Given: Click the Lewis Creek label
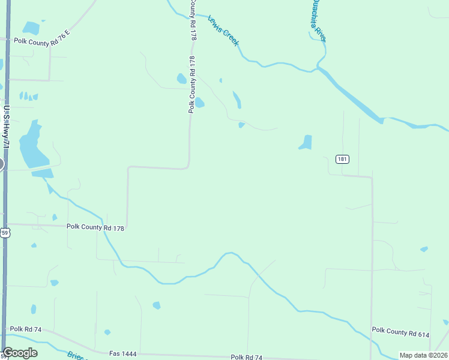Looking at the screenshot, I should (223, 31).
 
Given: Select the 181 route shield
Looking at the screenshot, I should (342, 159).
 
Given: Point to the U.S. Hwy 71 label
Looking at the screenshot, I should (7, 127).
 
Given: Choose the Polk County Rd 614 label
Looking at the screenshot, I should (400, 332).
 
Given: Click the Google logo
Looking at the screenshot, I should (20, 353).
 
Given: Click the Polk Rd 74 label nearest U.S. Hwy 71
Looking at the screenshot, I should (25, 329).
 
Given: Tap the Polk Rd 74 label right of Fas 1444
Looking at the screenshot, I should (247, 357).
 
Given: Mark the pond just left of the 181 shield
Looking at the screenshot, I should (306, 143).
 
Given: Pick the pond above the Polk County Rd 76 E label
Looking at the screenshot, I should (31, 28).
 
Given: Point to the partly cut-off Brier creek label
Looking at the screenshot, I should (77, 356).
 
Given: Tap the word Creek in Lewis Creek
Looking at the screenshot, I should (231, 38).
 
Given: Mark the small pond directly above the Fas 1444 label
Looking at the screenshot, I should (107, 332).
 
